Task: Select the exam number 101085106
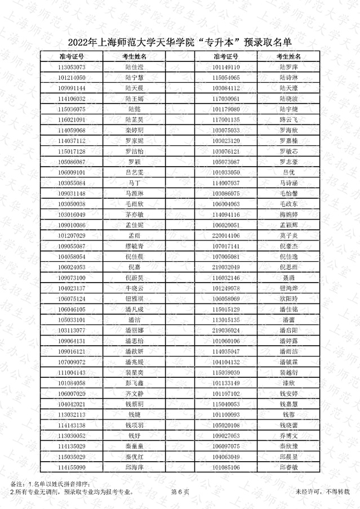pyautogui.click(x=226, y=467)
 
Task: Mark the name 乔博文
pyautogui.click(x=288, y=436)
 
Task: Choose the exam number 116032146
pyautogui.click(x=226, y=278)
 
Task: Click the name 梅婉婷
pyautogui.click(x=288, y=215)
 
